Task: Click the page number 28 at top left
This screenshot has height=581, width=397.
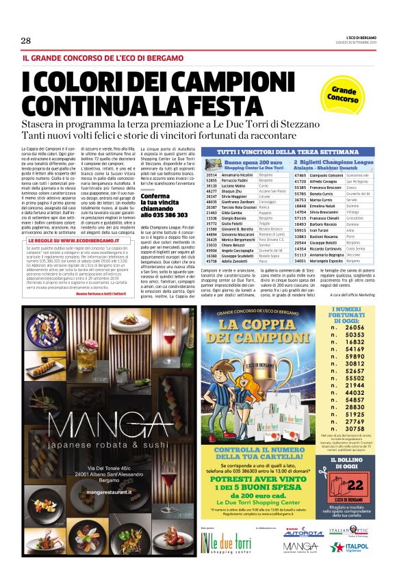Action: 26,41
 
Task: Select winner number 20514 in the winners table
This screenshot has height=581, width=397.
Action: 212,175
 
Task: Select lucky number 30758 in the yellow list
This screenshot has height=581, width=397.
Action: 355,428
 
